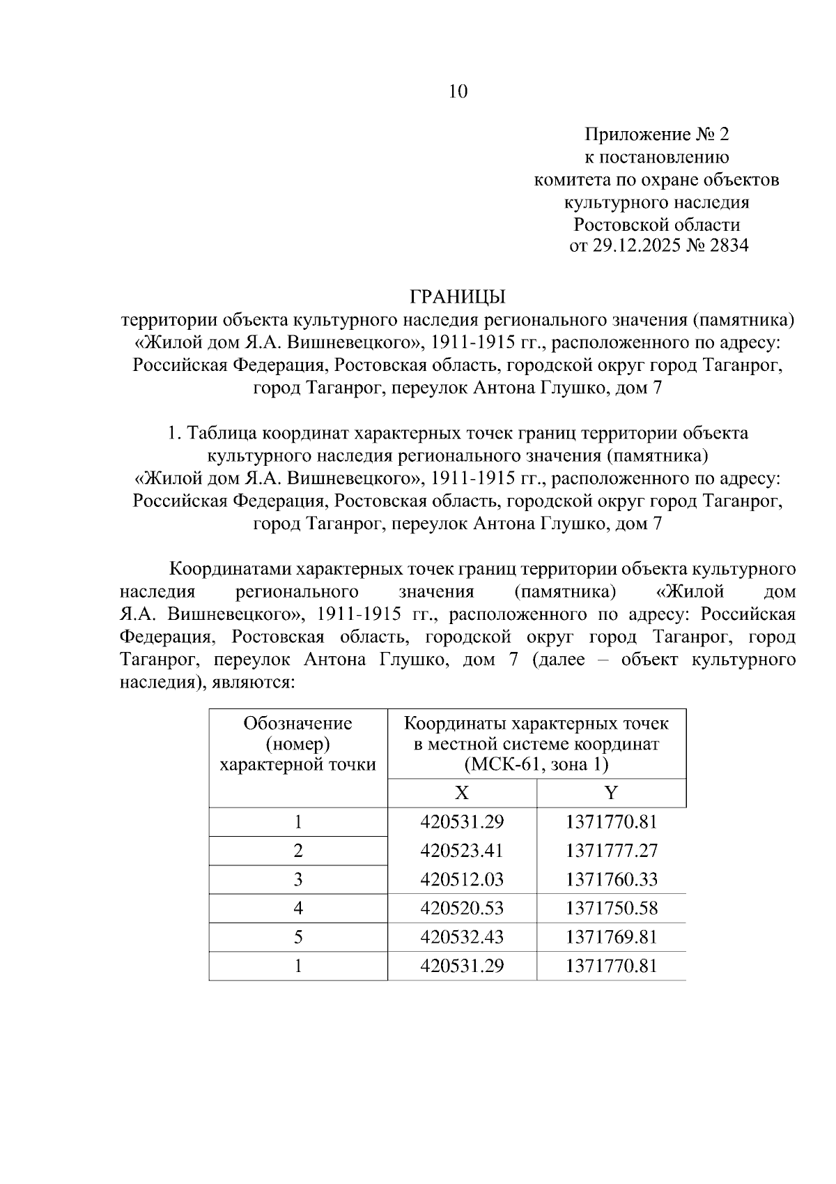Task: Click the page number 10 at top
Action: coord(458,91)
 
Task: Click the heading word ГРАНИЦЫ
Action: coord(457,297)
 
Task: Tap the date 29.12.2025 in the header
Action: coord(637,246)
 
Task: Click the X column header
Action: coord(462,793)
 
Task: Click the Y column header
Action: coord(611,793)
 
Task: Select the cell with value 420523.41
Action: coord(462,851)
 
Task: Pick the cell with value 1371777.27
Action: coord(612,851)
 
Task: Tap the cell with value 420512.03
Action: coord(462,879)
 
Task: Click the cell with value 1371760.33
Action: coord(612,879)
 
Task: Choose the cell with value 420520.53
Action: coord(462,909)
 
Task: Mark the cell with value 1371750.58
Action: coord(612,909)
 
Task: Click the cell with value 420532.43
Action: coord(462,937)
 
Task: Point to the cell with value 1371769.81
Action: coord(612,937)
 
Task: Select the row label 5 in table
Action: coord(298,937)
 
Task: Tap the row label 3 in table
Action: coord(298,879)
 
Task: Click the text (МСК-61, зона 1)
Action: coord(536,765)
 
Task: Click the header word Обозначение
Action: coord(297,723)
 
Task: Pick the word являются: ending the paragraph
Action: coord(254,682)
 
